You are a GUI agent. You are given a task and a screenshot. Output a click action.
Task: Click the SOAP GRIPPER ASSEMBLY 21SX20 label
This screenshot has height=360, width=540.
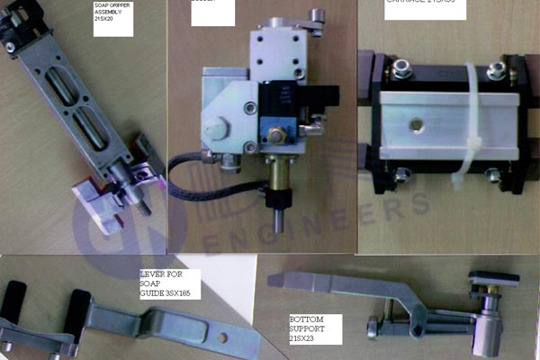tap(112, 18)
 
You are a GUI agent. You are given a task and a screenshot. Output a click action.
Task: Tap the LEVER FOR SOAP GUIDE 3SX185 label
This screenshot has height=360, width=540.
tap(169, 283)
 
